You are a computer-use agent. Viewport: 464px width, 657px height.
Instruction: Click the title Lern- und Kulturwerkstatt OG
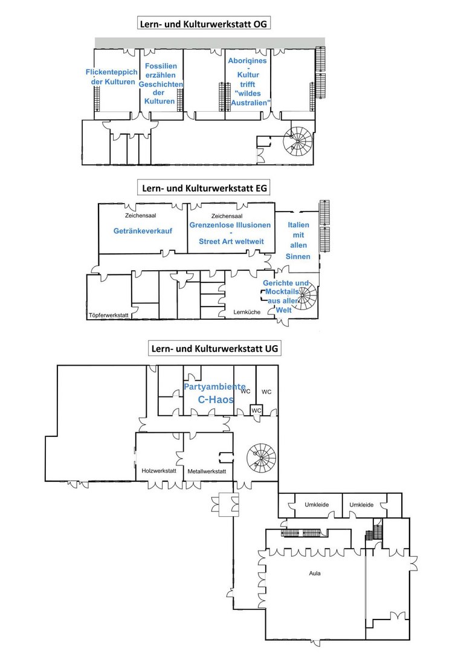[x=203, y=24]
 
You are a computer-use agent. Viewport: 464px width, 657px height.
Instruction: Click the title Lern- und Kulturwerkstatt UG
[x=214, y=348]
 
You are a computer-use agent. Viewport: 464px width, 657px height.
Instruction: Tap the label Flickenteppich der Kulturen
[x=112, y=77]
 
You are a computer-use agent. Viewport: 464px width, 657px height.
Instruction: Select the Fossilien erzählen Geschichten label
[x=161, y=83]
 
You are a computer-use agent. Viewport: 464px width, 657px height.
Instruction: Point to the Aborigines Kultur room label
[x=249, y=82]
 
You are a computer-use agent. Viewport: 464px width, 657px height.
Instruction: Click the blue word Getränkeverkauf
[x=143, y=230]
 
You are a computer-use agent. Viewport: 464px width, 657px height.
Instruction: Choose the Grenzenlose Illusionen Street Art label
[x=230, y=233]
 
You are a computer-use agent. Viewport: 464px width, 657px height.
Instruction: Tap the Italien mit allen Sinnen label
[x=298, y=241]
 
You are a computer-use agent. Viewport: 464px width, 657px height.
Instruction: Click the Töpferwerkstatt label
[x=109, y=315]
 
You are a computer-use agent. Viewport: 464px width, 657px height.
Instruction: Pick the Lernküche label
[x=246, y=312]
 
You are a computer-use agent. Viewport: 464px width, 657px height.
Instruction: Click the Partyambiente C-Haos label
[x=215, y=393]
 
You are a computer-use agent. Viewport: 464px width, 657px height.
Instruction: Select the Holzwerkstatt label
[x=159, y=471]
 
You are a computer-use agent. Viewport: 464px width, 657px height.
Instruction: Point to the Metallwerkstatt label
[x=207, y=471]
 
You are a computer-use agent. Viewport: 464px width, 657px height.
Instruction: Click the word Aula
[x=315, y=573]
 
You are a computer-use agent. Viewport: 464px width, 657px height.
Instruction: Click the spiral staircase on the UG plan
[x=262, y=458]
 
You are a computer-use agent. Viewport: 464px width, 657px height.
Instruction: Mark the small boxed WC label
[x=256, y=410]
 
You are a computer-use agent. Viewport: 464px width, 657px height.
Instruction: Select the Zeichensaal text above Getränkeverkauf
[x=141, y=216]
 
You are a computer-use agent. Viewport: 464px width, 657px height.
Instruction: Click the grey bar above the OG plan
[x=210, y=43]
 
